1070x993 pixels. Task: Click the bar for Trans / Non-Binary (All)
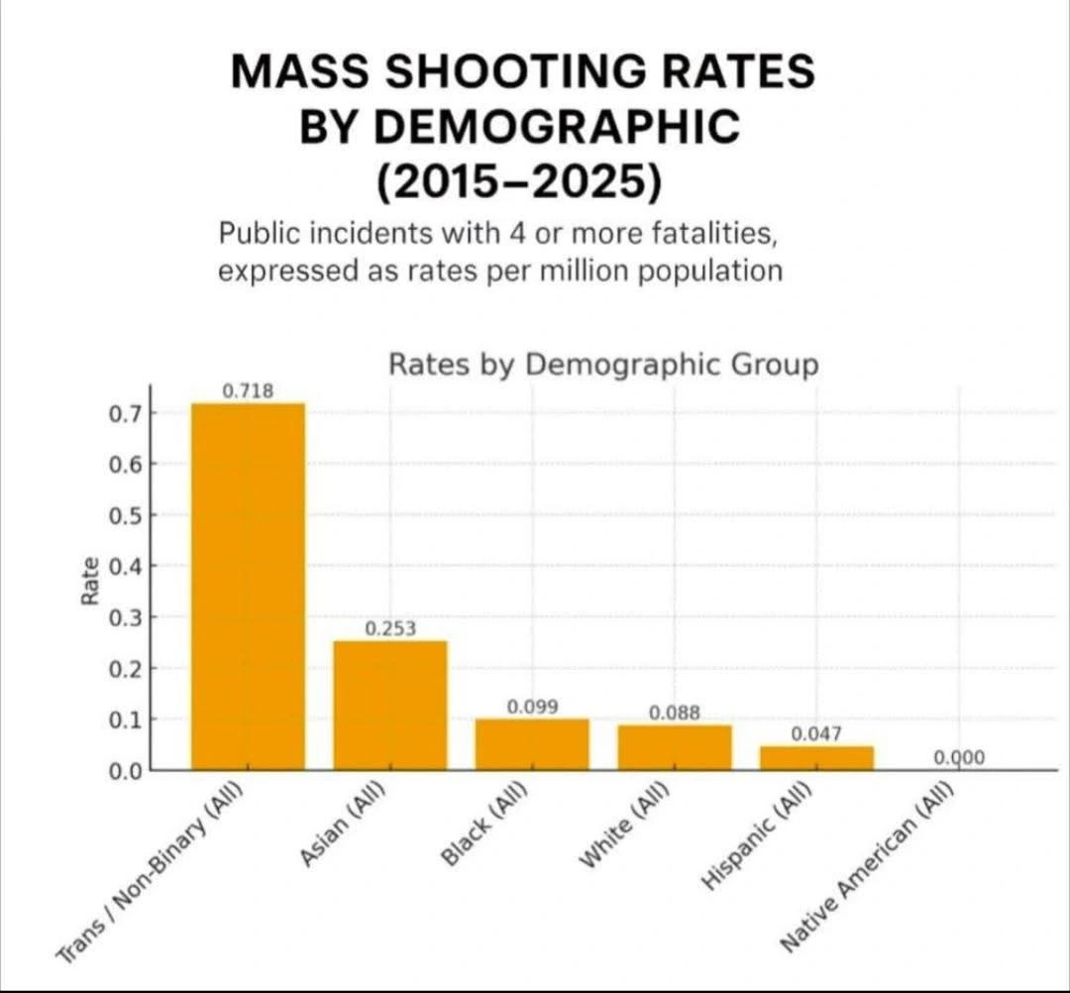click(x=248, y=585)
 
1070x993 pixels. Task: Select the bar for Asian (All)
click(x=389, y=705)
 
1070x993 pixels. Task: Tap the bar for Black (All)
click(x=532, y=743)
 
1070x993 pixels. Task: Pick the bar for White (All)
click(x=675, y=746)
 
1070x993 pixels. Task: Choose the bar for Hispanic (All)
click(x=816, y=757)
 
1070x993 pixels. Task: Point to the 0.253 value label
click(x=390, y=628)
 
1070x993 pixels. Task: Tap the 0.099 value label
click(x=532, y=707)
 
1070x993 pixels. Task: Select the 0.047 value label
click(x=816, y=733)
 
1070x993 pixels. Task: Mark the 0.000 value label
click(x=959, y=758)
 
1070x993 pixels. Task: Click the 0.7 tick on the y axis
click(x=126, y=413)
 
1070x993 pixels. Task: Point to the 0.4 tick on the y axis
click(x=126, y=567)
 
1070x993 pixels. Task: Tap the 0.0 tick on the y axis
click(x=126, y=770)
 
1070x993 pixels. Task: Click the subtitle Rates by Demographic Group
click(x=603, y=364)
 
